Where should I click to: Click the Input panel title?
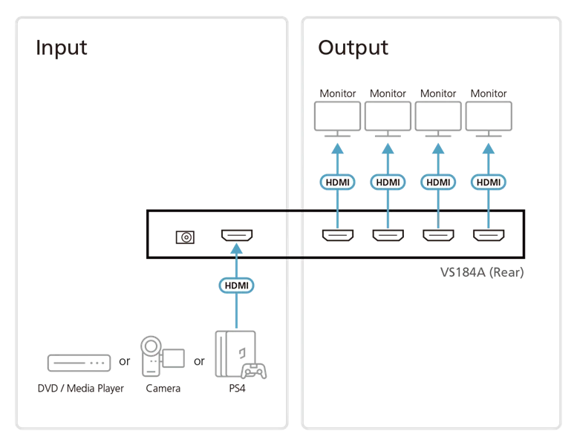pos(63,50)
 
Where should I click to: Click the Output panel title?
pos(353,50)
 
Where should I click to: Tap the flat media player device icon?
pos(78,362)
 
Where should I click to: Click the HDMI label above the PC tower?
pos(237,285)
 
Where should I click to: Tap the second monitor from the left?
pos(387,117)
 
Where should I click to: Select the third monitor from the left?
pos(438,117)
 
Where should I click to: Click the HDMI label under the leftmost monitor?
pos(336,182)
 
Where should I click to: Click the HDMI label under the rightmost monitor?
pos(488,182)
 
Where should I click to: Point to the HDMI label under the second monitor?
pos(387,182)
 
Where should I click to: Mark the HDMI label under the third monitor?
pos(438,182)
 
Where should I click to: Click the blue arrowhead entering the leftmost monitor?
pos(336,148)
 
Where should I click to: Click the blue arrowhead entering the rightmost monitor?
pos(488,148)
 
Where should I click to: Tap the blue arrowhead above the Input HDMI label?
pos(237,253)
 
